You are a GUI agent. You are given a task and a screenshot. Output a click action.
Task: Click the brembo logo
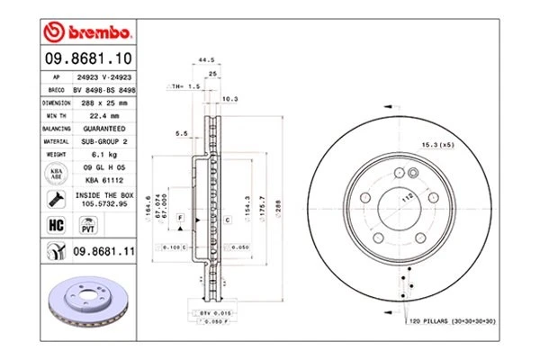point(87,33)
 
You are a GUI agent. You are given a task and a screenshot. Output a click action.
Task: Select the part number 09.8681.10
point(88,59)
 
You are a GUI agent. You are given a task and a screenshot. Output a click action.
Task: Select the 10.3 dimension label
point(229,99)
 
